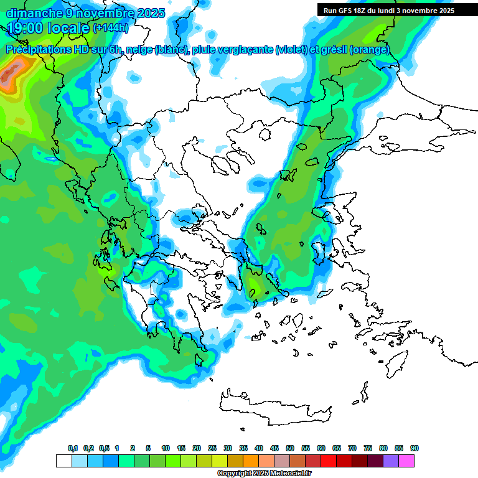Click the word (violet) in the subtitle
coord(291,50)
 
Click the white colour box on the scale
coord(63,461)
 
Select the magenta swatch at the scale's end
coord(406,461)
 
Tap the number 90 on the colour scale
coord(415,449)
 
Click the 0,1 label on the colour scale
coord(73,449)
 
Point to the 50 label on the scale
coord(290,449)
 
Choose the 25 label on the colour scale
coord(212,449)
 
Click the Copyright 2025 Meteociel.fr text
coord(265,474)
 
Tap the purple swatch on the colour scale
coord(391,461)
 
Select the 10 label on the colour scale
coord(166,449)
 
